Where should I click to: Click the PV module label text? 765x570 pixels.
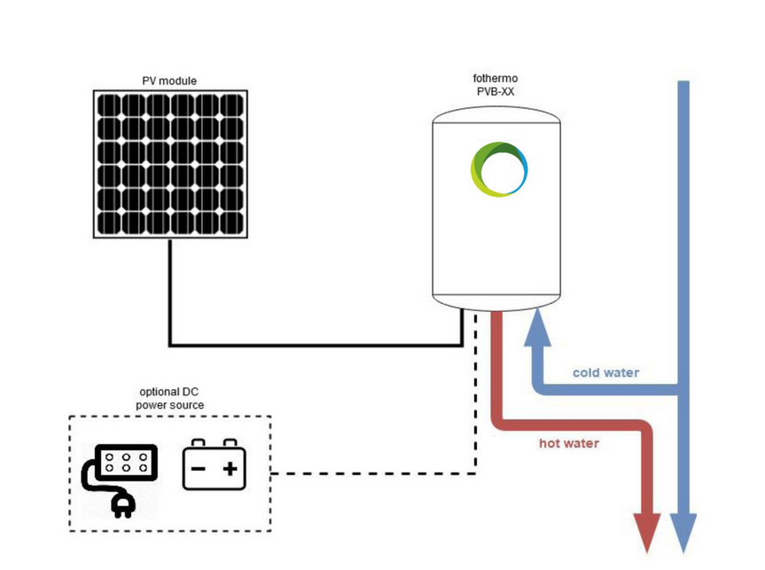tap(169, 81)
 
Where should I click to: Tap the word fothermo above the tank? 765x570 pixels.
tap(496, 78)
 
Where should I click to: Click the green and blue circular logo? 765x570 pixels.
tap(499, 168)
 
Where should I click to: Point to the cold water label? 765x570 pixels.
tap(605, 372)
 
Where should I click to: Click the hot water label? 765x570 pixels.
tap(569, 442)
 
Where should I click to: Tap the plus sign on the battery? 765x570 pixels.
tap(230, 469)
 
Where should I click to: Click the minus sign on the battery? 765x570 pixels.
tap(199, 469)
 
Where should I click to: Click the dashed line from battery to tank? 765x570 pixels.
tap(372, 473)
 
